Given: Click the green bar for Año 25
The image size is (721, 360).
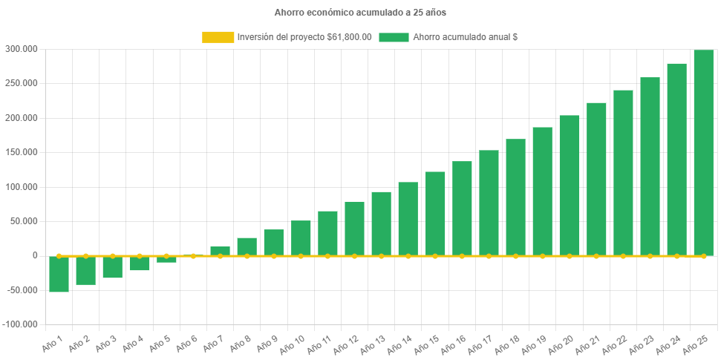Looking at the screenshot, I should pos(703,152).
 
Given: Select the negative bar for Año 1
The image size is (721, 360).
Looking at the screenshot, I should pos(59,275).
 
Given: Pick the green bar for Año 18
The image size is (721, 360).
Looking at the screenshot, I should pos(515,197).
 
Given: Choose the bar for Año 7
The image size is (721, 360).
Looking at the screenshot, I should pos(220,250).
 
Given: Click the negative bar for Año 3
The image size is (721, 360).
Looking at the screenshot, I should pos(112,268).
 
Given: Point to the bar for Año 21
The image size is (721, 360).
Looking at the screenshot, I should pos(596,178).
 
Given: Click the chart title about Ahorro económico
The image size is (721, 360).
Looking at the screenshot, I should pos(360,13).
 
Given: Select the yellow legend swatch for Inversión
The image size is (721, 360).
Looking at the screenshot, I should pos(218,37).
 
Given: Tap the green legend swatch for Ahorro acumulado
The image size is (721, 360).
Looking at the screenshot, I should pos(394,37).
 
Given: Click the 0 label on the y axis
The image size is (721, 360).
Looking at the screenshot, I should pos(35,255).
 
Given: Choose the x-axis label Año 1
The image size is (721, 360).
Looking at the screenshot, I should pos(52,344).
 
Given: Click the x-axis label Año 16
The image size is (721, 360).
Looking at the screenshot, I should pos(452,344).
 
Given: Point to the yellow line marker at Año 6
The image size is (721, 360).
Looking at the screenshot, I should pos(193,256).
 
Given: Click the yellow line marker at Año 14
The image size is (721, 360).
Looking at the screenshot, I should pos(408,256).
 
